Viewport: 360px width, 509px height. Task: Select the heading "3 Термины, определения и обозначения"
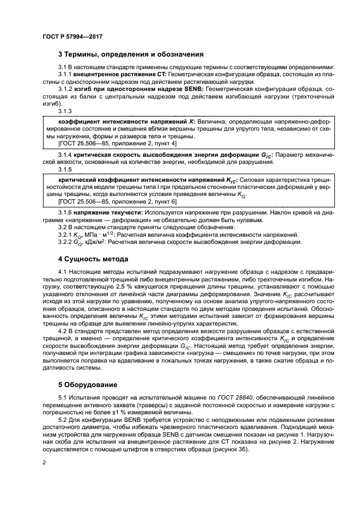click(131, 54)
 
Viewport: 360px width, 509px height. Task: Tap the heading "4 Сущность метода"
click(93, 259)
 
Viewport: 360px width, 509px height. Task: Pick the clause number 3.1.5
click(65, 169)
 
